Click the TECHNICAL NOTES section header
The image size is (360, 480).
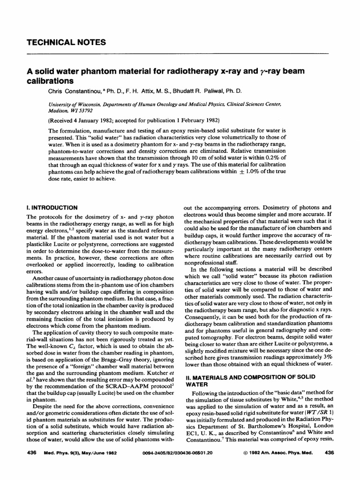click(x=66, y=43)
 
